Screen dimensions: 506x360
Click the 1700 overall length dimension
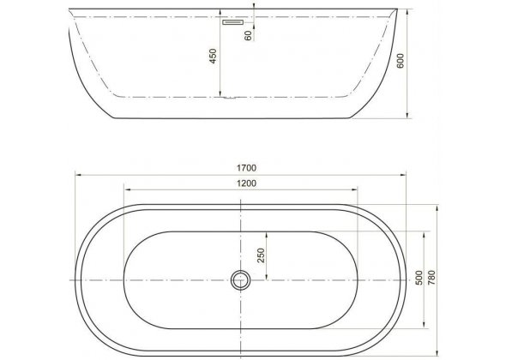(x=246, y=168)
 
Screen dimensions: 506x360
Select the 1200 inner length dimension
(x=246, y=183)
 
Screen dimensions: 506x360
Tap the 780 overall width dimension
(x=431, y=278)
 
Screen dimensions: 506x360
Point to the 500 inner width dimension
(x=419, y=278)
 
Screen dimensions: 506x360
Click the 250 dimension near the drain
(x=261, y=255)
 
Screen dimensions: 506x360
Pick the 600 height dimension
(x=400, y=61)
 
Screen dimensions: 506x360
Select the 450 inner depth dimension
(x=213, y=56)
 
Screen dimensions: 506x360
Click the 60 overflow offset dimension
(x=248, y=35)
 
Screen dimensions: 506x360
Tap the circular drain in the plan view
(x=240, y=280)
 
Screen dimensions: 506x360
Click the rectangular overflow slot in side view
(x=232, y=22)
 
